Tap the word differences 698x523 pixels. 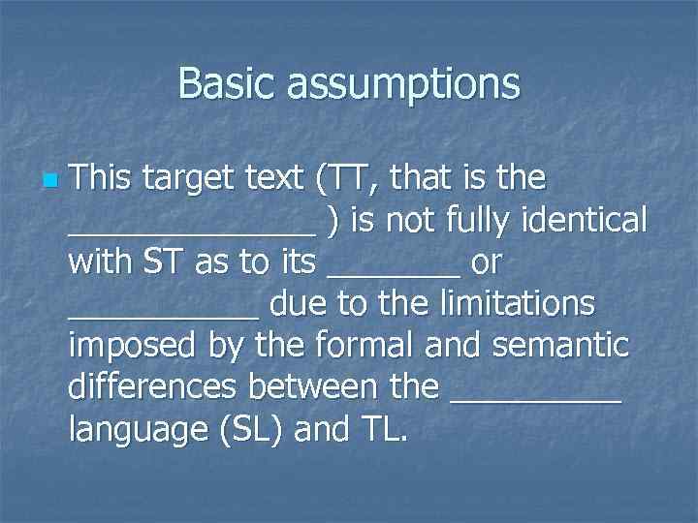pyautogui.click(x=154, y=386)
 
